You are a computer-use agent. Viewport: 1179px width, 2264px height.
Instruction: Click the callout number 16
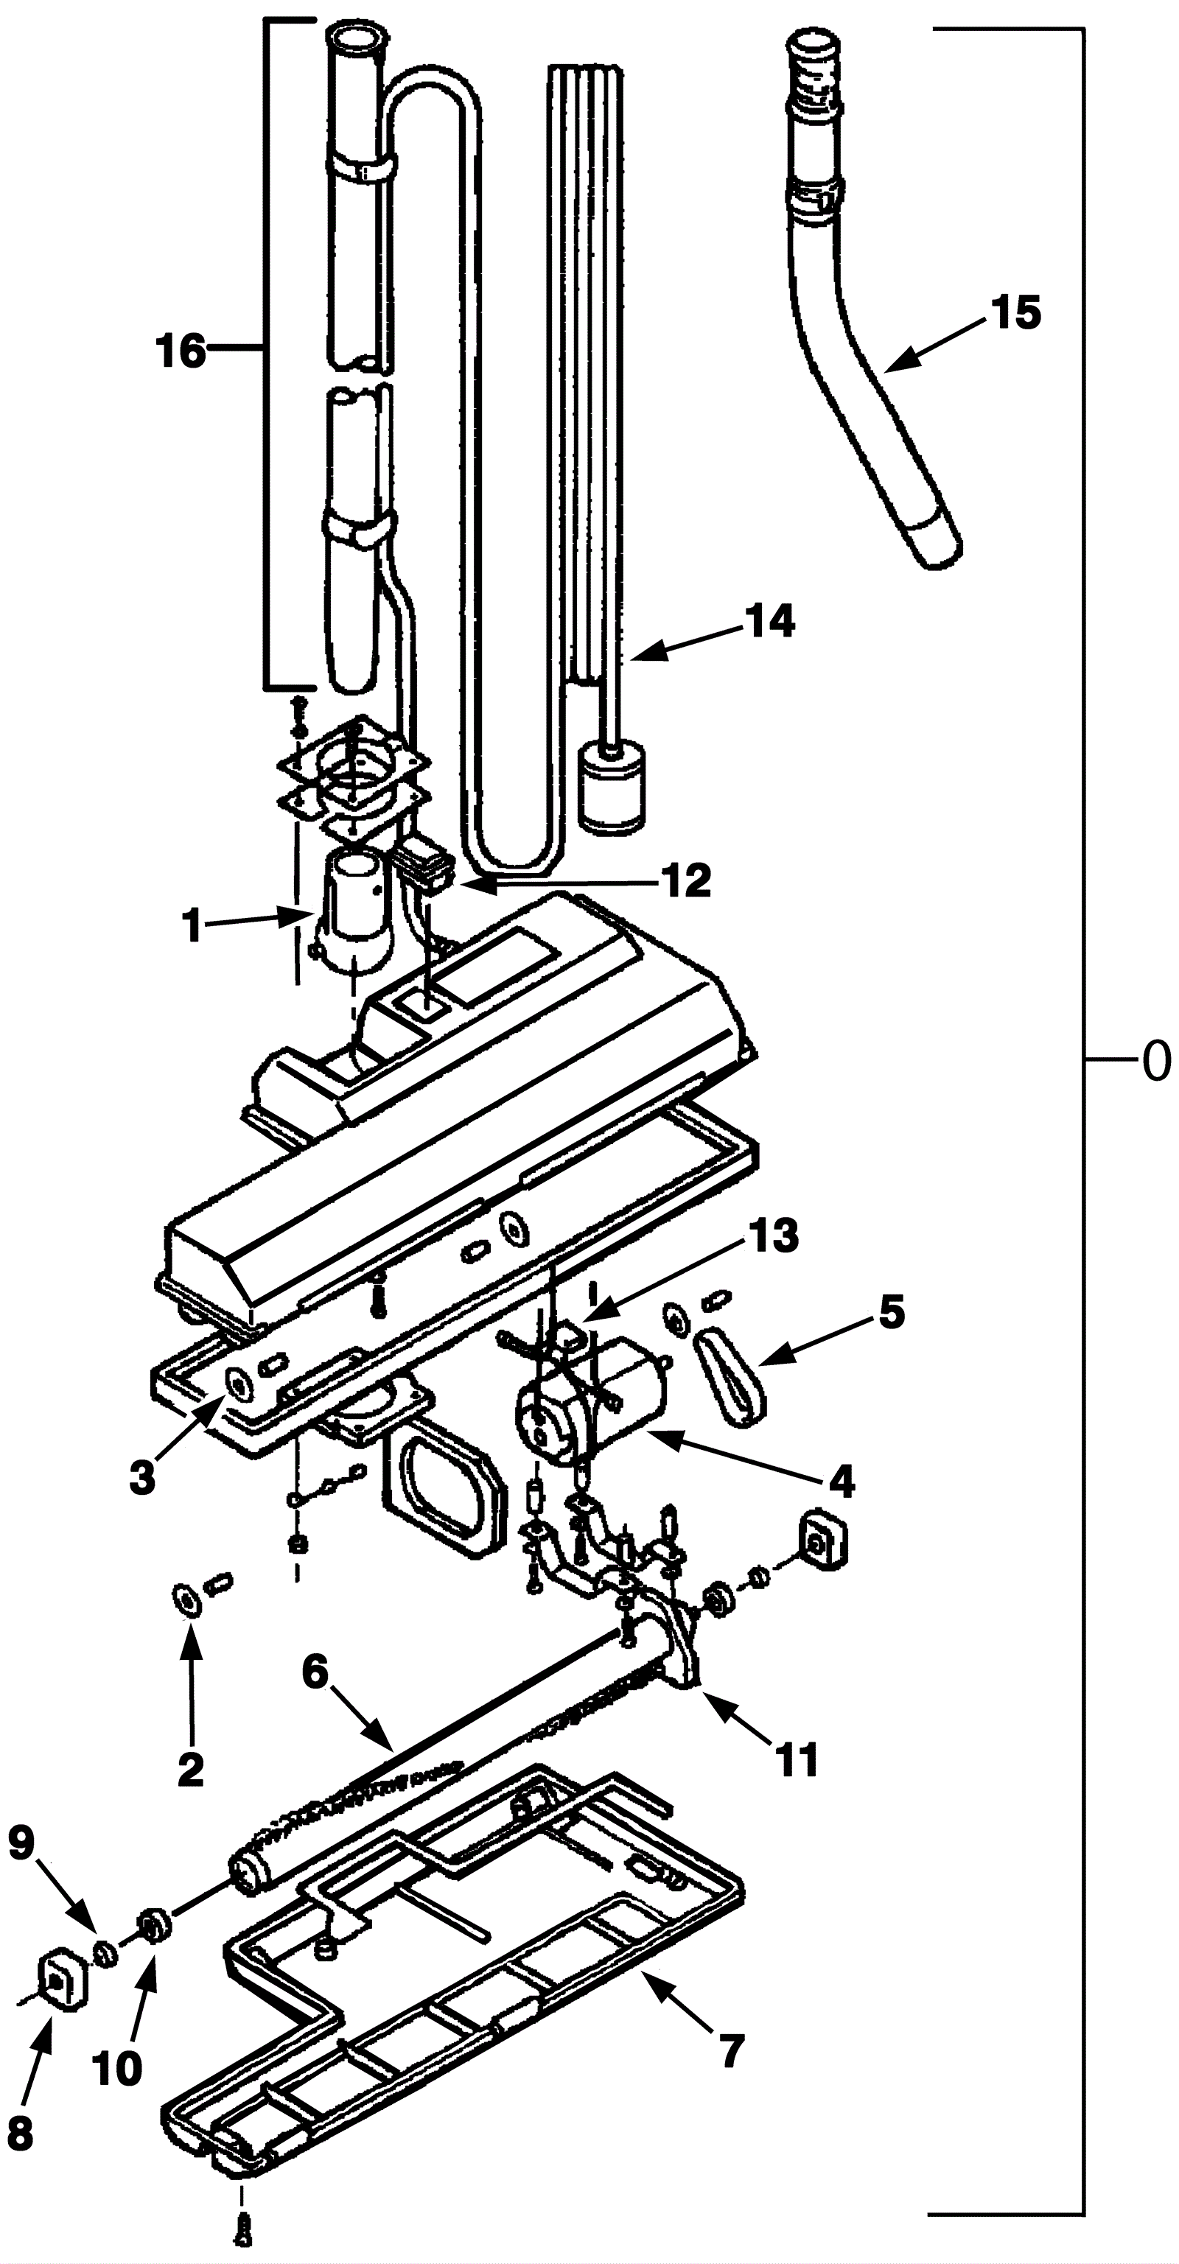181,351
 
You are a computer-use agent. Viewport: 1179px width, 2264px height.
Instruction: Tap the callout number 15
1015,313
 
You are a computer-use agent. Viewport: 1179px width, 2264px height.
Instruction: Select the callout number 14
770,620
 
